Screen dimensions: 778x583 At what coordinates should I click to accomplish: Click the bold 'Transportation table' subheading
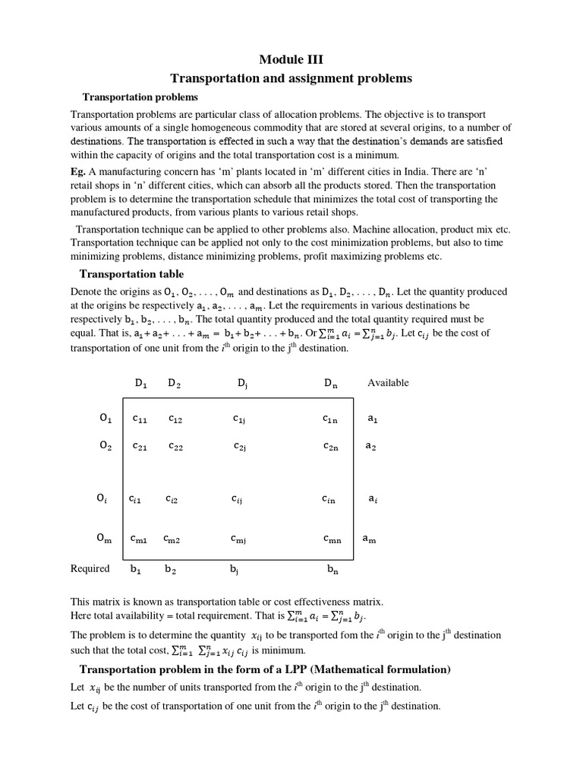tap(131, 274)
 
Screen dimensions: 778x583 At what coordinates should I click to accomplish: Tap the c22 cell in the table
tap(176, 447)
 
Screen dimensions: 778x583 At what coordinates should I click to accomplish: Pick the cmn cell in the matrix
tap(332, 539)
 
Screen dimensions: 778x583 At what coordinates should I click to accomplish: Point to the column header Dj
tap(242, 383)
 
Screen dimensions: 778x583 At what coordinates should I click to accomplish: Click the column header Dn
tap(330, 383)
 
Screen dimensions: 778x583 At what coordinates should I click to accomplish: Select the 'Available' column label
tap(388, 382)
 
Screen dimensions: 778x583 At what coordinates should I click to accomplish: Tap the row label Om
tap(104, 539)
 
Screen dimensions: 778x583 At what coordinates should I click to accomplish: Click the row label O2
tap(106, 446)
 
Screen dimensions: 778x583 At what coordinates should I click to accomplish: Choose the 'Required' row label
tap(90, 568)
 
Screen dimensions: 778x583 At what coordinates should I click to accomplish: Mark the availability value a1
tap(372, 418)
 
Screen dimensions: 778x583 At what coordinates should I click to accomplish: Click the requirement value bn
tap(332, 569)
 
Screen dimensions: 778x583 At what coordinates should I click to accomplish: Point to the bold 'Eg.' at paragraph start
tap(78, 172)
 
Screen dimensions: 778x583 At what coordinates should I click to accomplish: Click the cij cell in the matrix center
tap(238, 499)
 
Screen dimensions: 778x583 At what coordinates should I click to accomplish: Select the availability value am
tap(369, 539)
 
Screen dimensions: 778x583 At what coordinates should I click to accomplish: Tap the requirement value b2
tap(170, 569)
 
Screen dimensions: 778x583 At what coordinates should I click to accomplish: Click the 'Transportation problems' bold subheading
tap(140, 97)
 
